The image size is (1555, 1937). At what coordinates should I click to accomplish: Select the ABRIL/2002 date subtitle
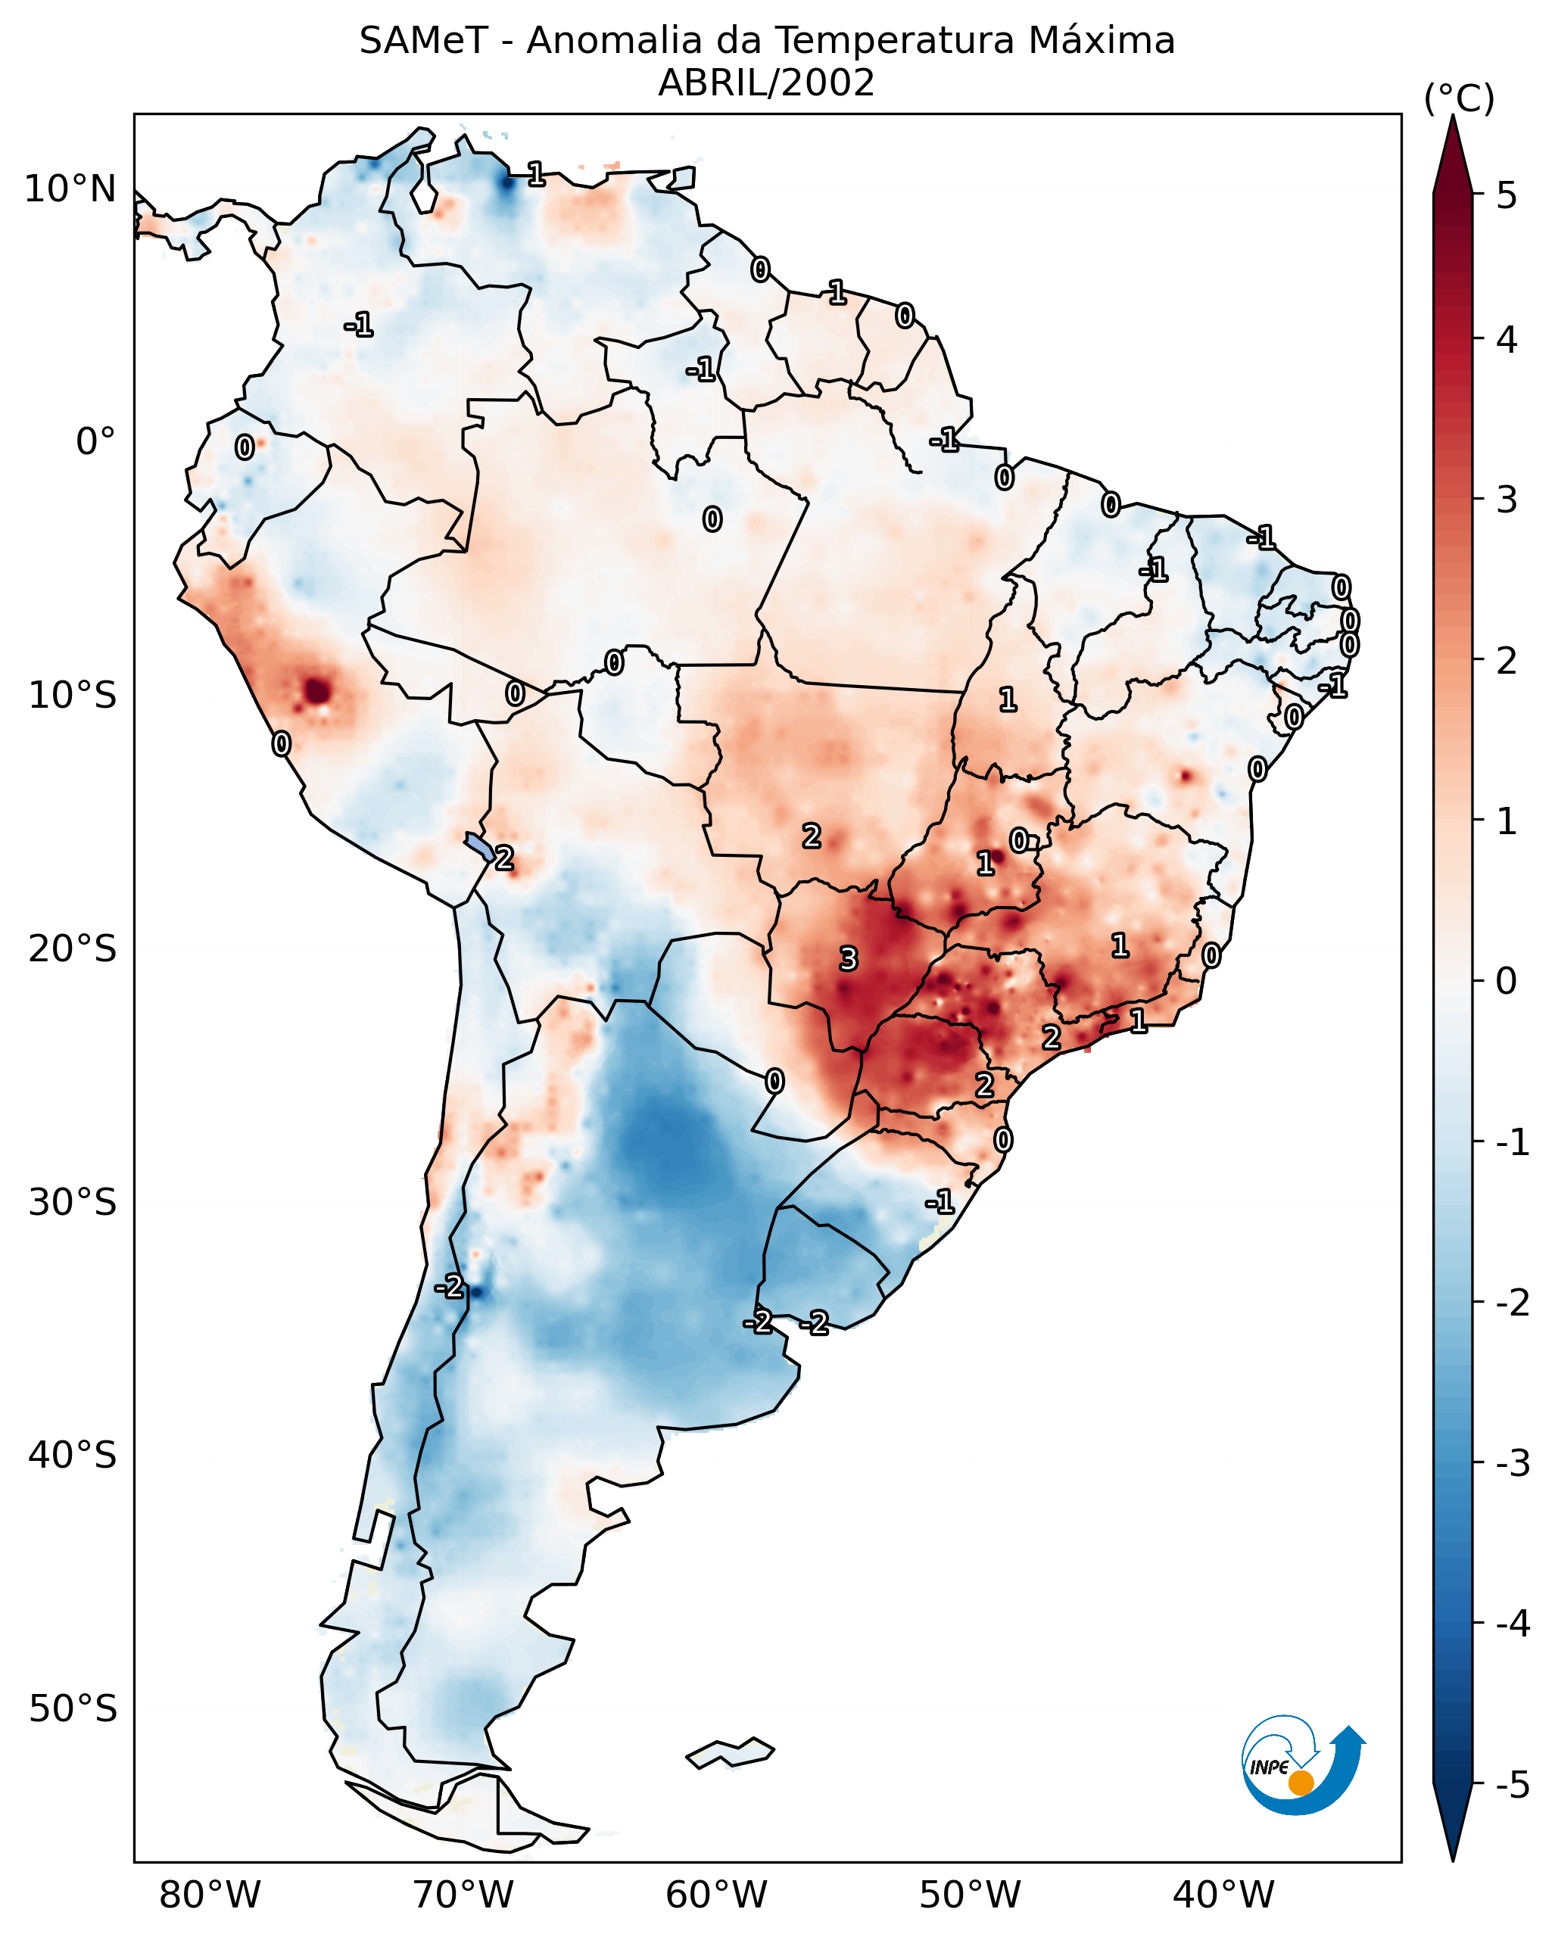[x=766, y=83]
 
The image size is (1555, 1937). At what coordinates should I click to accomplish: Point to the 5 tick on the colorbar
[x=1507, y=195]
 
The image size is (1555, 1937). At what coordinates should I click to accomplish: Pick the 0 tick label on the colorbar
[x=1507, y=980]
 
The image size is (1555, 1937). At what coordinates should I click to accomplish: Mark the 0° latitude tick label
[x=95, y=442]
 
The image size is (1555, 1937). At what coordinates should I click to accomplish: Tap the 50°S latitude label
[x=72, y=1709]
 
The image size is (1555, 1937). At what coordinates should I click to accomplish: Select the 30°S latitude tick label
[x=72, y=1202]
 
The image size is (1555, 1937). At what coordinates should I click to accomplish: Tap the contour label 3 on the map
[x=848, y=960]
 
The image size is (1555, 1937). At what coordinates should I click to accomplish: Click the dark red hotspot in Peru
[x=317, y=691]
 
